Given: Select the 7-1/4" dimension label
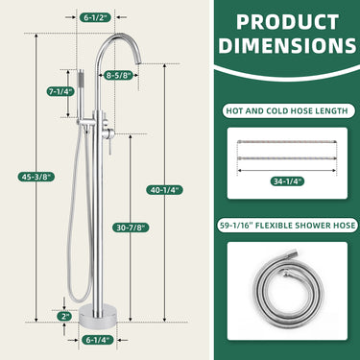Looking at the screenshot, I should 60,91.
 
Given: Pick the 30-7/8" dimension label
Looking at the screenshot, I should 132,227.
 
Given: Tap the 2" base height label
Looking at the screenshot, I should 64,316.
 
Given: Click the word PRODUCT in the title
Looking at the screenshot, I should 287,22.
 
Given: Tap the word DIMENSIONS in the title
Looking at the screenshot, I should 287,46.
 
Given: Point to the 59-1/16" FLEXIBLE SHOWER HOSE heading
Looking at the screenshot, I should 286,226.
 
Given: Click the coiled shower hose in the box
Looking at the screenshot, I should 285,293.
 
